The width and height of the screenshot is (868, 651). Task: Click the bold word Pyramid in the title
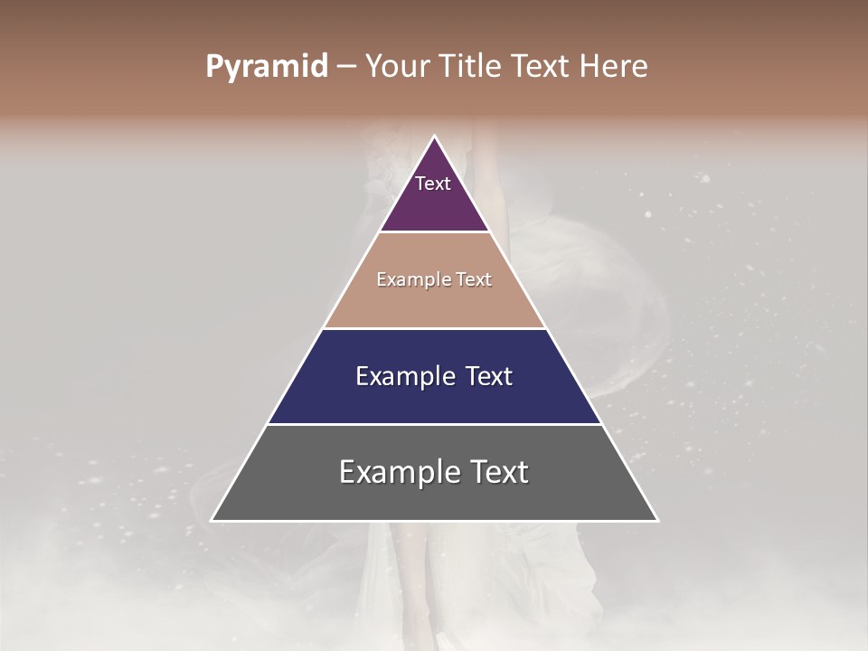(267, 67)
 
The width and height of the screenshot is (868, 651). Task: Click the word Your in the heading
(398, 67)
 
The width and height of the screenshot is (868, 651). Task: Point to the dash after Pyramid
(347, 67)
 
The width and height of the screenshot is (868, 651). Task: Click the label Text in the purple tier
(433, 184)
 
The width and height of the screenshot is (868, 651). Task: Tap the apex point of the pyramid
(435, 137)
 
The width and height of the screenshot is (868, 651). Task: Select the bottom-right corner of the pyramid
(656, 520)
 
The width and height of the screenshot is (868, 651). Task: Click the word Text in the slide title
(541, 67)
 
